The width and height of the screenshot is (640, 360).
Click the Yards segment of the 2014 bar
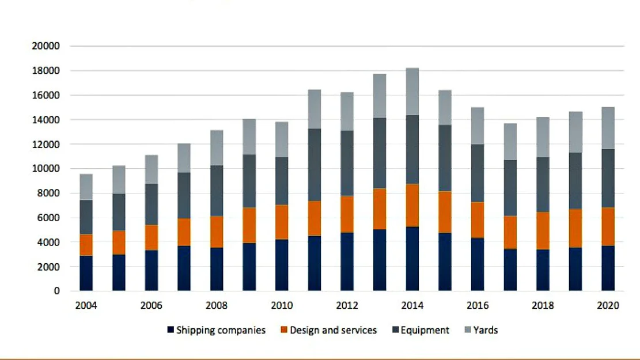[x=412, y=92]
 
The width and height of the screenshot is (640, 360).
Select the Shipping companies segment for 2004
[x=86, y=273]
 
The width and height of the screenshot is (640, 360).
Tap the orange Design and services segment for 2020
[x=608, y=226]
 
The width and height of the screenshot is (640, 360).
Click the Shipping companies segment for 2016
[x=478, y=264]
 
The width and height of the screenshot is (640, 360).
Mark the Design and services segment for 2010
[x=282, y=222]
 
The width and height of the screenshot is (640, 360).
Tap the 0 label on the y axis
[x=57, y=291]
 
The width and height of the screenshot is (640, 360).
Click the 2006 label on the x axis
[x=152, y=306]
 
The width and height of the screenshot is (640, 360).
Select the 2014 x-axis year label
[x=412, y=306]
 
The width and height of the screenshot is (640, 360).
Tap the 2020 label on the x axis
[x=608, y=306]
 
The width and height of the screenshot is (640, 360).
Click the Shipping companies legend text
[x=221, y=331]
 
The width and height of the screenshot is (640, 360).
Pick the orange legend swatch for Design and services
[x=284, y=331]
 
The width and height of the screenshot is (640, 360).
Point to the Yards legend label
[x=485, y=331]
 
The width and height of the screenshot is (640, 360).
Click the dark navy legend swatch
[x=171, y=331]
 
